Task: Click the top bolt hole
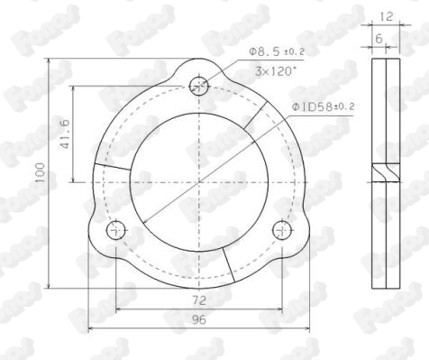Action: [199, 86]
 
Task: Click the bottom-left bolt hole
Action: [116, 230]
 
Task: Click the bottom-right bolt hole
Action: [282, 230]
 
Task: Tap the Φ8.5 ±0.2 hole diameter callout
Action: [277, 51]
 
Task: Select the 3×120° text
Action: [276, 71]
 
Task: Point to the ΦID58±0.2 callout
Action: [323, 106]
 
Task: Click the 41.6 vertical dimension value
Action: [65, 134]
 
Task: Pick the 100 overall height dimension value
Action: [40, 172]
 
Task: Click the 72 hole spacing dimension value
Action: [199, 300]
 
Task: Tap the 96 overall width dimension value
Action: [199, 319]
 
